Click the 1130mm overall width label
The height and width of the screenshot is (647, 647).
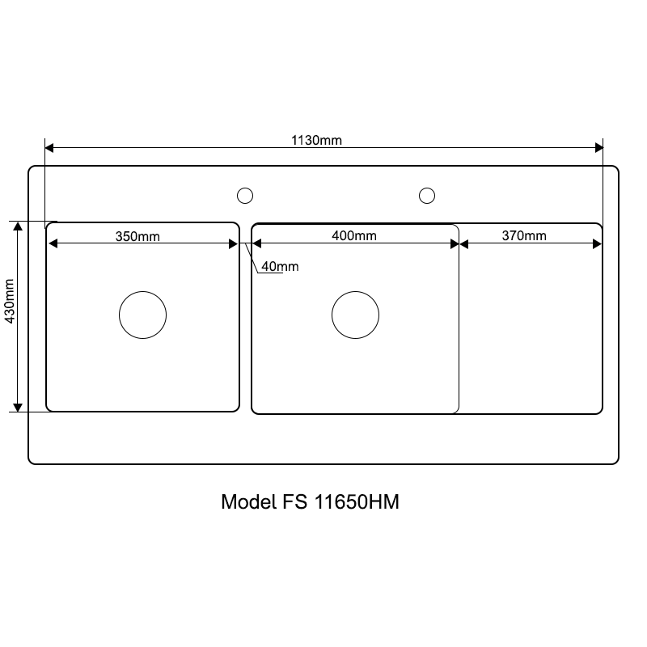point(316,140)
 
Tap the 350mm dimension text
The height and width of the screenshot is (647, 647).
point(137,236)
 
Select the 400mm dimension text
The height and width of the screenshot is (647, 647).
point(354,235)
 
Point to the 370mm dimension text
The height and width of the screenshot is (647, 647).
point(524,235)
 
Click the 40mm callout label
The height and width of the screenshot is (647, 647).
point(280,267)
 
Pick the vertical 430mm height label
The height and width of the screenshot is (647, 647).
point(9,301)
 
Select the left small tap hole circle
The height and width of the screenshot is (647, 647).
point(245,188)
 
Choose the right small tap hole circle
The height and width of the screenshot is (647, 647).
point(427,188)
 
